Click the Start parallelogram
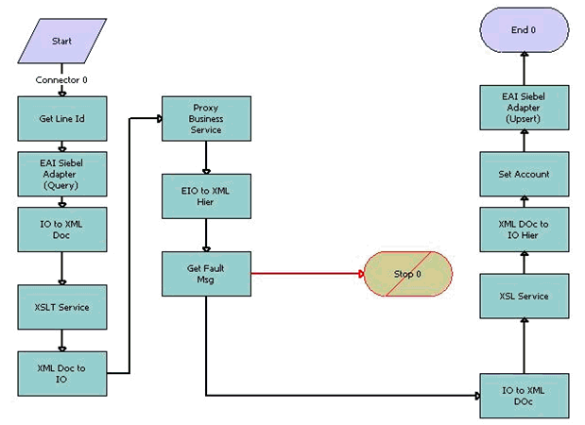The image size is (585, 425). [61, 42]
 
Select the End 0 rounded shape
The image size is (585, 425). [524, 29]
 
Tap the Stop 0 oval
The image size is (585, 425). [408, 274]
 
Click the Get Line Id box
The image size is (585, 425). [62, 118]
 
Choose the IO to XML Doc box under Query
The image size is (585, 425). [62, 229]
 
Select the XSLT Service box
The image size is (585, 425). [62, 307]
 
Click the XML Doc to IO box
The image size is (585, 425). [62, 372]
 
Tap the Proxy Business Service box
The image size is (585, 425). [206, 118]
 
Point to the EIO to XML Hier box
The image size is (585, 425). [206, 195]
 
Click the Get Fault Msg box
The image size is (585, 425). [206, 273]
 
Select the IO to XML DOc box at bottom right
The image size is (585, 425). [524, 395]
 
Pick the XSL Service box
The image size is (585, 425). [524, 296]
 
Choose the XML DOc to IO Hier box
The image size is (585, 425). [524, 229]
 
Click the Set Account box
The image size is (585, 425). [524, 174]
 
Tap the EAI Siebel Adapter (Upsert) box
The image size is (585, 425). [524, 107]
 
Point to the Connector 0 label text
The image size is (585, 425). [62, 79]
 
